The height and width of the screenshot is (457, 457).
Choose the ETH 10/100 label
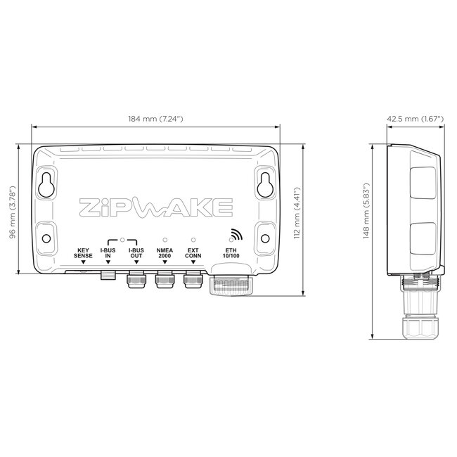tap(231, 254)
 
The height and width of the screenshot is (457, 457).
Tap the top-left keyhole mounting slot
tap(46, 184)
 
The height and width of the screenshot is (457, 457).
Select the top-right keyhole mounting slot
tap(265, 184)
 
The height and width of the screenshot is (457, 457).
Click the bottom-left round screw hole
tap(46, 238)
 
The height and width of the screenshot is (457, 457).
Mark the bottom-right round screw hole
tap(265, 238)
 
